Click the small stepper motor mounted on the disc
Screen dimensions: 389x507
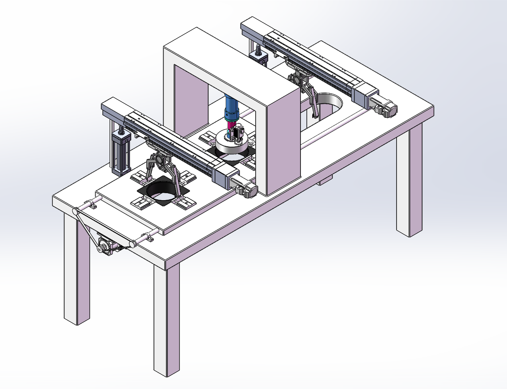point(238,133)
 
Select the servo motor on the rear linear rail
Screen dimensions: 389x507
point(384,108)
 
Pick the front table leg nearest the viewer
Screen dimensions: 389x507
point(167,320)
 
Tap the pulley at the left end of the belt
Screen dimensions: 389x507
point(75,212)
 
